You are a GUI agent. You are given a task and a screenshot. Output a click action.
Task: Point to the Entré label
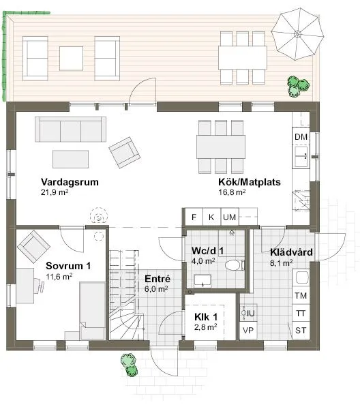tap(157, 278)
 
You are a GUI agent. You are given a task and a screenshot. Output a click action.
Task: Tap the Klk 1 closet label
tap(205, 317)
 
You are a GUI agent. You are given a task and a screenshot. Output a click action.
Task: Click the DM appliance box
tap(301, 137)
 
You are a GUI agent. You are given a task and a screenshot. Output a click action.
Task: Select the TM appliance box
tap(301, 296)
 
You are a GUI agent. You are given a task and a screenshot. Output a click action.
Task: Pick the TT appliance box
tap(301, 314)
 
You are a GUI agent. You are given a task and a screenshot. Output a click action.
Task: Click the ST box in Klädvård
tap(301, 331)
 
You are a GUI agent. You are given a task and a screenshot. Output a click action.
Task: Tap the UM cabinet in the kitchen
tap(230, 217)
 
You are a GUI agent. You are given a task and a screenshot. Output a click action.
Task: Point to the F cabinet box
tap(194, 217)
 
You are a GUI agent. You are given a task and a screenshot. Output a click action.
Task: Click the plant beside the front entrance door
tap(127, 364)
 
